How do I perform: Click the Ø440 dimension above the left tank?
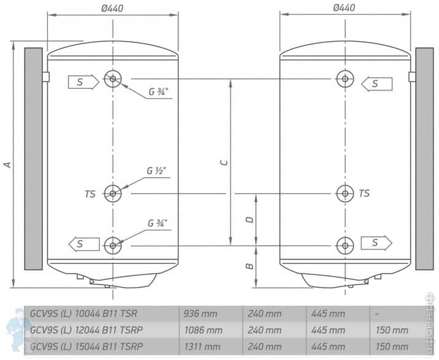[x=112, y=7]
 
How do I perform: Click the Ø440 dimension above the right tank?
[x=344, y=7]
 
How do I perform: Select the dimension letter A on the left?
[x=7, y=164]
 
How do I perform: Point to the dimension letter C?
[x=224, y=163]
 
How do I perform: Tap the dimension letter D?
[x=248, y=219]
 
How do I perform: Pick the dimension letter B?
[x=248, y=266]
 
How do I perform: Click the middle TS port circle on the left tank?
[x=113, y=193]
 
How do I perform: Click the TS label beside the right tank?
[x=364, y=194]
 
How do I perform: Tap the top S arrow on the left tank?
[x=83, y=82]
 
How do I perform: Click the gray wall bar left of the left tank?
[x=33, y=158]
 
